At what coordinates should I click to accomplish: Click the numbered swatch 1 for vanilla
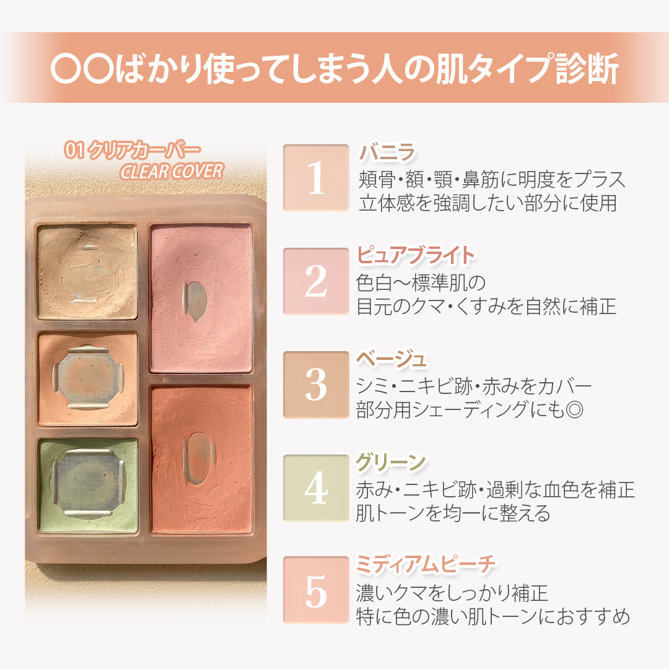[316, 178]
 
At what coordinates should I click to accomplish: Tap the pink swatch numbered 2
[316, 281]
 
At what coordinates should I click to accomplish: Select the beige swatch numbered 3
[316, 384]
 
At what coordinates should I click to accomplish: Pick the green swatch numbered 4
[316, 488]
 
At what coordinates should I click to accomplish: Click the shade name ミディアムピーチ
[426, 565]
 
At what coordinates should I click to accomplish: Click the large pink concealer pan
[201, 299]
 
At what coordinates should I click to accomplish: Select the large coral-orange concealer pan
[201, 459]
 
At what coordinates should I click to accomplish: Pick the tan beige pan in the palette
[87, 271]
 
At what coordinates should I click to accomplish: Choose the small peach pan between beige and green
[87, 379]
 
